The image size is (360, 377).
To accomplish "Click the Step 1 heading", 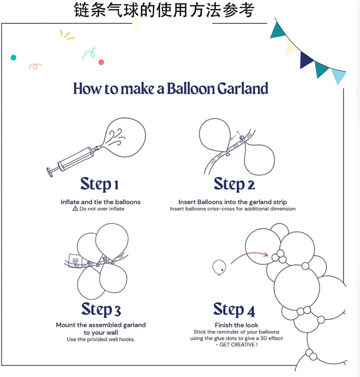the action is (99, 184).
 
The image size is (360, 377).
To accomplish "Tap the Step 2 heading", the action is (235, 184).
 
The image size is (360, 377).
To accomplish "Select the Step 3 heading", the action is (101, 309).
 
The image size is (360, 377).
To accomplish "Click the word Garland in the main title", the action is (243, 88).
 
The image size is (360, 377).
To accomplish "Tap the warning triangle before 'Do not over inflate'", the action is (75, 209).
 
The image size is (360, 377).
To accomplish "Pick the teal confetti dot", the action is (13, 58).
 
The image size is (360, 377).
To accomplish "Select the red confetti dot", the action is (101, 63).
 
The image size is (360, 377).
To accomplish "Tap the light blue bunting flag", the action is (338, 75).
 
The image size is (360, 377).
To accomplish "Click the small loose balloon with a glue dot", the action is (219, 267).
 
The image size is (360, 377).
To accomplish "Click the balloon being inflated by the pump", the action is (125, 137).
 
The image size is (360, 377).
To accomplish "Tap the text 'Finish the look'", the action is (236, 325).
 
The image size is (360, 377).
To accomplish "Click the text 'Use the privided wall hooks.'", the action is (101, 339).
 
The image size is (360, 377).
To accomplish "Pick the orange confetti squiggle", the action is (35, 66).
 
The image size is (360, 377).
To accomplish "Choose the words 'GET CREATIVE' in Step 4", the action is (237, 344).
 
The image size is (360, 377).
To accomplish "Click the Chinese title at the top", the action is (164, 10).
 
